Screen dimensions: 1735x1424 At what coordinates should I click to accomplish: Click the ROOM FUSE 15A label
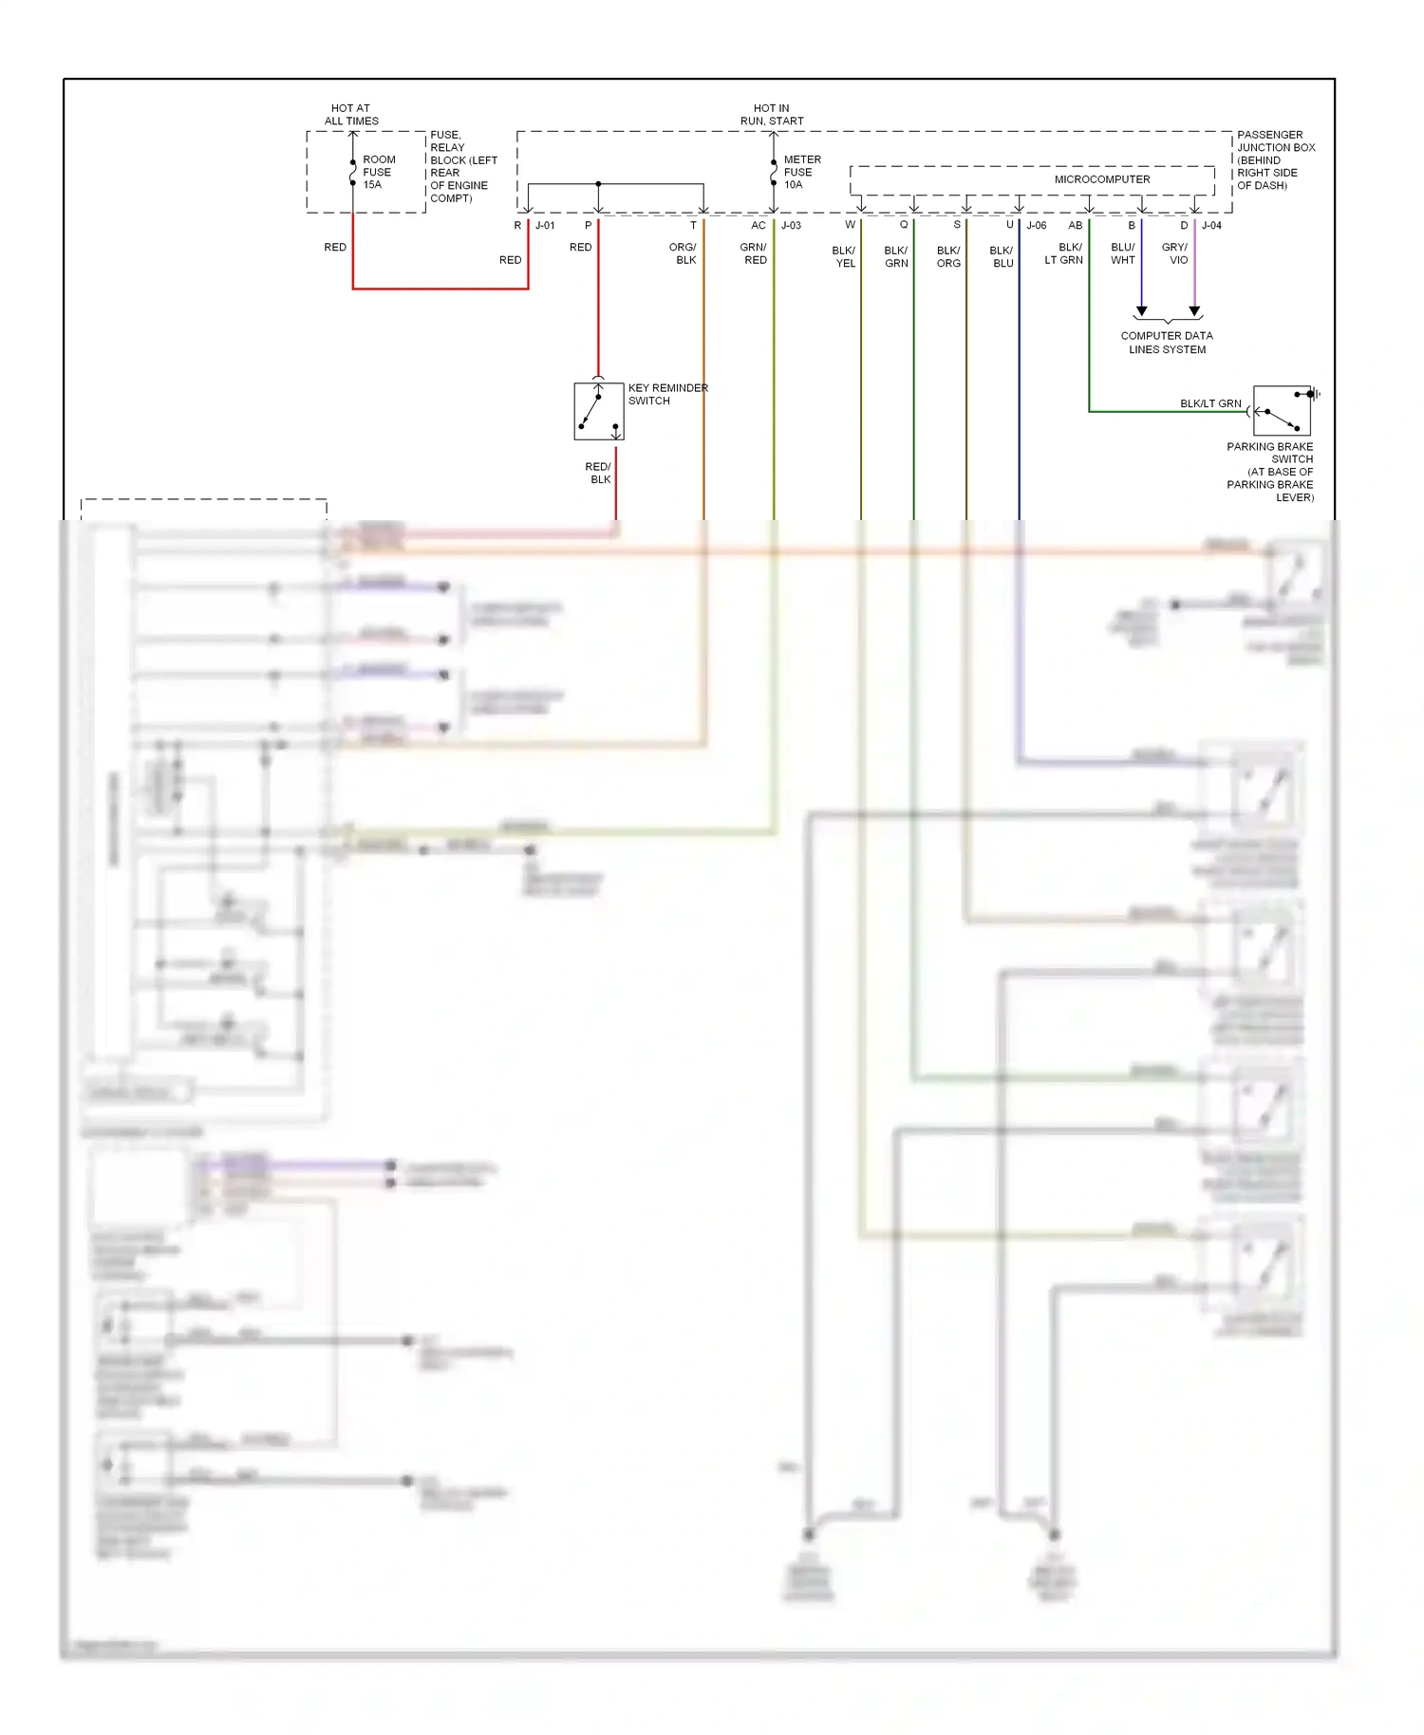(x=378, y=172)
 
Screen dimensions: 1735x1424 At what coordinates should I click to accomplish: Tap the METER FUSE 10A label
(x=800, y=172)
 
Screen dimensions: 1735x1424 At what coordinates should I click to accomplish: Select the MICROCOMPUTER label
(x=1101, y=179)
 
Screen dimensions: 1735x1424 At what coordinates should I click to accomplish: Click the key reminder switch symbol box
(x=599, y=412)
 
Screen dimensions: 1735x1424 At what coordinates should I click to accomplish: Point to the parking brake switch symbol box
(x=1282, y=411)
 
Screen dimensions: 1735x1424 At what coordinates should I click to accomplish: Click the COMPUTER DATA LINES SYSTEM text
(x=1167, y=343)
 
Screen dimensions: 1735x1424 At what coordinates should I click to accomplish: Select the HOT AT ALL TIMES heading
(x=351, y=115)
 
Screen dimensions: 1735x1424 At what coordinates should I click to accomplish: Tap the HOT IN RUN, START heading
(x=772, y=115)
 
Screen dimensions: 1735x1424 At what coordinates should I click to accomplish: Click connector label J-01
(x=545, y=226)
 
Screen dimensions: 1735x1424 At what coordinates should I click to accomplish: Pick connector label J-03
(x=791, y=226)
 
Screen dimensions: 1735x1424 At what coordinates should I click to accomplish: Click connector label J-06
(x=1037, y=226)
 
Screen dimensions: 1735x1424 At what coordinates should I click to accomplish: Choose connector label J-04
(x=1211, y=226)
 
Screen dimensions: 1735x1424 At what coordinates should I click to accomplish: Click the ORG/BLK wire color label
(x=684, y=253)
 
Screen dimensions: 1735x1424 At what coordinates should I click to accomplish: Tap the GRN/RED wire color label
(x=754, y=253)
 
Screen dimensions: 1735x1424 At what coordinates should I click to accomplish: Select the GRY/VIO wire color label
(x=1175, y=253)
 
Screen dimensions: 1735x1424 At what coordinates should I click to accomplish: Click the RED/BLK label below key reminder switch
(x=598, y=473)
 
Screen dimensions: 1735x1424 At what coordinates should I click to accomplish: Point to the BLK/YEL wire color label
(x=844, y=257)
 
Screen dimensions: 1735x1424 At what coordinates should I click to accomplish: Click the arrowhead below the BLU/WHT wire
(x=1142, y=311)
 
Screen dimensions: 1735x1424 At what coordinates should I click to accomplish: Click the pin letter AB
(x=1075, y=226)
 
